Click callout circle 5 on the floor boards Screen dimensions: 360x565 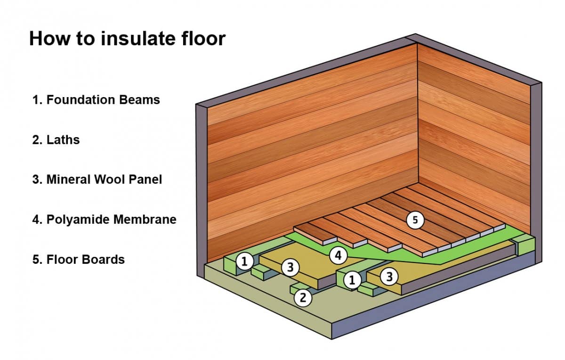pyautogui.click(x=415, y=220)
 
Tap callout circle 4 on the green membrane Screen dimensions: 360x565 pyautogui.click(x=338, y=256)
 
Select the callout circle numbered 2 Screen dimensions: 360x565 pyautogui.click(x=303, y=297)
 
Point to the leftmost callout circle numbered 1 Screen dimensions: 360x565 pyautogui.click(x=244, y=262)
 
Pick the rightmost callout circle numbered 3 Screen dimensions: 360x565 pyautogui.click(x=389, y=277)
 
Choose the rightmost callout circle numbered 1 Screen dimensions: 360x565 pyautogui.click(x=351, y=280)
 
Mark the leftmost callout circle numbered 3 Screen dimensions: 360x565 pyautogui.click(x=291, y=268)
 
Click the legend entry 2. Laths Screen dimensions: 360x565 pyautogui.click(x=56, y=140)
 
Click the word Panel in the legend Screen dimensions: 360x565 pyautogui.click(x=146, y=180)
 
